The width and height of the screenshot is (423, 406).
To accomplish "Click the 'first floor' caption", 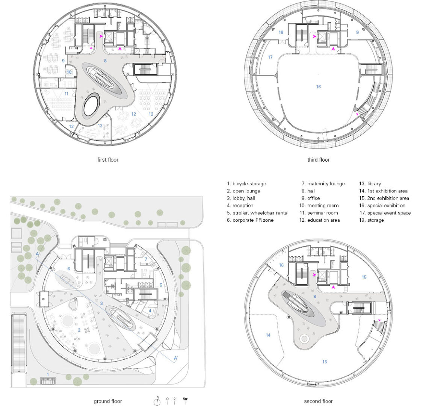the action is tap(108, 160).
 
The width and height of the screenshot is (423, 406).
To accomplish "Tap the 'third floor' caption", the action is tap(318, 160).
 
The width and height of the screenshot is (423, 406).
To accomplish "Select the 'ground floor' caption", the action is tap(108, 401).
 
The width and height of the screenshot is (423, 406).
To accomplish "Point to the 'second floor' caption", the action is tap(318, 401).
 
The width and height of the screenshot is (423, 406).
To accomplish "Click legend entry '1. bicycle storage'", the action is tap(246, 183).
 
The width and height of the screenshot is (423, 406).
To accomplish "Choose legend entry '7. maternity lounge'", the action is tap(323, 183).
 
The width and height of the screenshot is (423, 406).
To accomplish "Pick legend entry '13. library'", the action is tap(370, 183).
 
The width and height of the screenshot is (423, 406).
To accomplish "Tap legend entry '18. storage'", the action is tap(371, 220).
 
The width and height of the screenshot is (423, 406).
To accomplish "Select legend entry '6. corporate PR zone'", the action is tap(250, 220).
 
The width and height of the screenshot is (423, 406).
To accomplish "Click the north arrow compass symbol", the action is tap(157, 401).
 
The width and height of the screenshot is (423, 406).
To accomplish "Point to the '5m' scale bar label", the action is tap(186, 399).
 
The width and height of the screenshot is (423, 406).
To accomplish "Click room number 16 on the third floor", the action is tap(318, 87).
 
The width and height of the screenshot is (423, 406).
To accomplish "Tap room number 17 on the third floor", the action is tap(270, 57).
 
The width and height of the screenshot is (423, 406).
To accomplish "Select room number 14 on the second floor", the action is tap(268, 335).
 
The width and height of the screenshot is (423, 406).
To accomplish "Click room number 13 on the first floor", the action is tap(100, 126).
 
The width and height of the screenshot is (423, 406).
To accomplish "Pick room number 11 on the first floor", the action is tap(66, 94).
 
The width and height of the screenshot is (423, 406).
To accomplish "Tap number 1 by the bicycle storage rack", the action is tap(48, 374).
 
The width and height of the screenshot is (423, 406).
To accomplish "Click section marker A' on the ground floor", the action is tap(176, 358).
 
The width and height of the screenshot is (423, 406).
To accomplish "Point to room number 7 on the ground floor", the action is tap(146, 259).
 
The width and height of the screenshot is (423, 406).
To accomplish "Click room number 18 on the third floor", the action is tap(281, 32).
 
